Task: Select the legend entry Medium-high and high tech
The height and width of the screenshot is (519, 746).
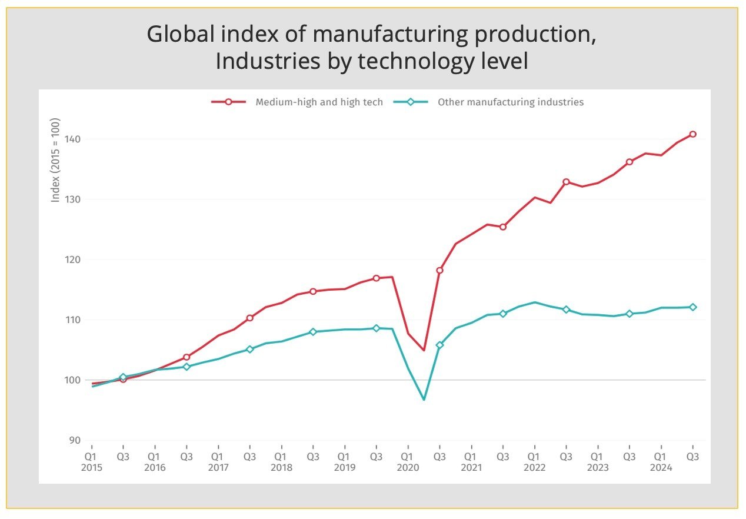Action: (319, 102)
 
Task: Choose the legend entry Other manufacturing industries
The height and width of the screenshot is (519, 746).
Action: (510, 102)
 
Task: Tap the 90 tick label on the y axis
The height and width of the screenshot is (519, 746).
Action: (75, 440)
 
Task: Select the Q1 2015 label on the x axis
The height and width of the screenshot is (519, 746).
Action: (91, 462)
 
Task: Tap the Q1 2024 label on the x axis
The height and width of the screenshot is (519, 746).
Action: (660, 462)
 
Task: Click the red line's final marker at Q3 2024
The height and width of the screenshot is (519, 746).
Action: (692, 134)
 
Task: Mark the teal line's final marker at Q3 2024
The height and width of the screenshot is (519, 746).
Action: (692, 307)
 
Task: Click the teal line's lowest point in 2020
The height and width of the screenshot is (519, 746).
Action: (424, 400)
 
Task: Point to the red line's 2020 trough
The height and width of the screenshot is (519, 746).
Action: (424, 350)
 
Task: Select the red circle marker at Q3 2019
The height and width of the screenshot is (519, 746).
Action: (376, 278)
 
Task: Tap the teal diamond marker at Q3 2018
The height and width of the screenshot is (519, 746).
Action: (313, 332)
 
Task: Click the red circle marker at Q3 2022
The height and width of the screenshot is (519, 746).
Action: (566, 182)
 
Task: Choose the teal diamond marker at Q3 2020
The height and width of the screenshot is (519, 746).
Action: (439, 345)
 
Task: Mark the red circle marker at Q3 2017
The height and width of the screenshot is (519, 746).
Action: (249, 318)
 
